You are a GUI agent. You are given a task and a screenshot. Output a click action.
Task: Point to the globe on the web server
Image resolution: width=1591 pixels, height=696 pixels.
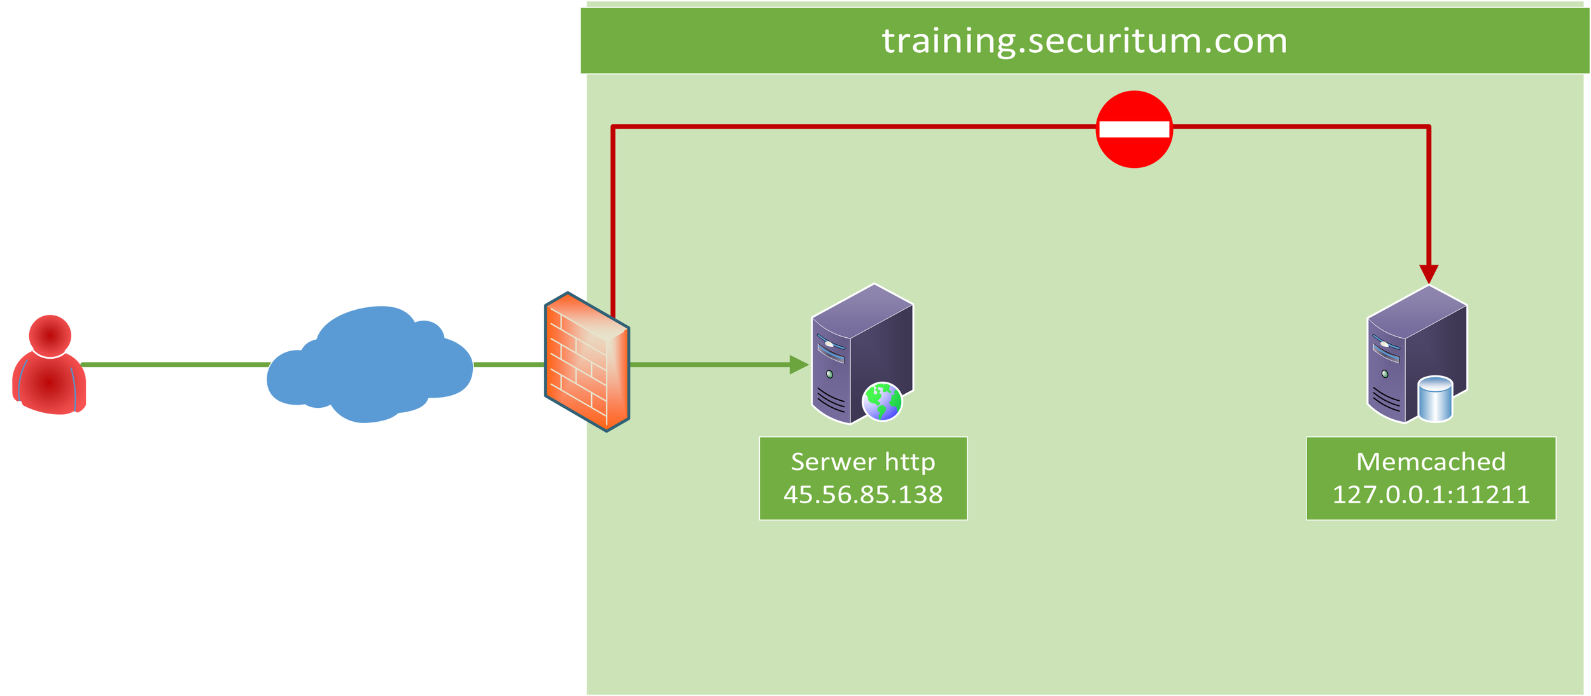[881, 401]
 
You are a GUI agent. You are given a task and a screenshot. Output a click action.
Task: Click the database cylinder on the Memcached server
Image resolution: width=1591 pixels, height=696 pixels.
[1435, 400]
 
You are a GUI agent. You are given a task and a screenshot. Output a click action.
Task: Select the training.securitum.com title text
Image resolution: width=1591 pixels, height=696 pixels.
[1084, 41]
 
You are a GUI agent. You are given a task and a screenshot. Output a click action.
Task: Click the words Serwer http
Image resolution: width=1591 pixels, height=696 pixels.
[863, 462]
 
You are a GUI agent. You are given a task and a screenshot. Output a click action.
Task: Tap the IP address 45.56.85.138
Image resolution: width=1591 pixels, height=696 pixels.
[863, 495]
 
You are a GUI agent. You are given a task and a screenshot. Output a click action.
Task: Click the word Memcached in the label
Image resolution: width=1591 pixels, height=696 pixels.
[1431, 462]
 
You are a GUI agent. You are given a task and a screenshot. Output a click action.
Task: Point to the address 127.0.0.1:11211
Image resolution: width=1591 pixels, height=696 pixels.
[1431, 495]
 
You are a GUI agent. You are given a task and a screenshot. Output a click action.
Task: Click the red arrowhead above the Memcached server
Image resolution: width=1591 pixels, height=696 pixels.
[1429, 274]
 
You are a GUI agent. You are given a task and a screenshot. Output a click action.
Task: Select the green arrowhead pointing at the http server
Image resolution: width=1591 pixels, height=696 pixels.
[798, 365]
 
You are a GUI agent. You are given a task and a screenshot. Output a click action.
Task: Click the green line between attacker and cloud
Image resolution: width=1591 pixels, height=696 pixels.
[175, 365]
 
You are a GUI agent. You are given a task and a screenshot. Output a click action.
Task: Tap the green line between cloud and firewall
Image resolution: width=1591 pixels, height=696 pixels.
[509, 365]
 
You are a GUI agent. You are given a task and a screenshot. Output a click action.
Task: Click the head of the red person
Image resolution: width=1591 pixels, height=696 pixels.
[50, 335]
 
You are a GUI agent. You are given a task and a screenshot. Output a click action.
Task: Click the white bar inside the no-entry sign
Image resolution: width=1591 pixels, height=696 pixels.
[1133, 130]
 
